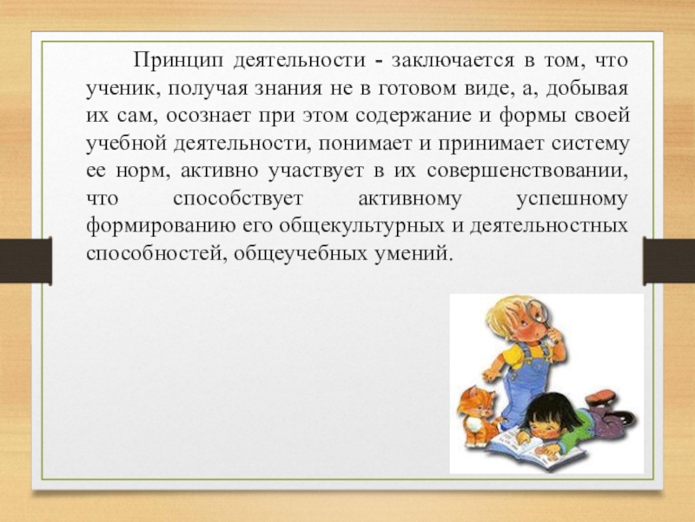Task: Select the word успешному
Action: pyautogui.click(x=571, y=199)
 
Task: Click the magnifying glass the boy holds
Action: pyautogui.click(x=537, y=311)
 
